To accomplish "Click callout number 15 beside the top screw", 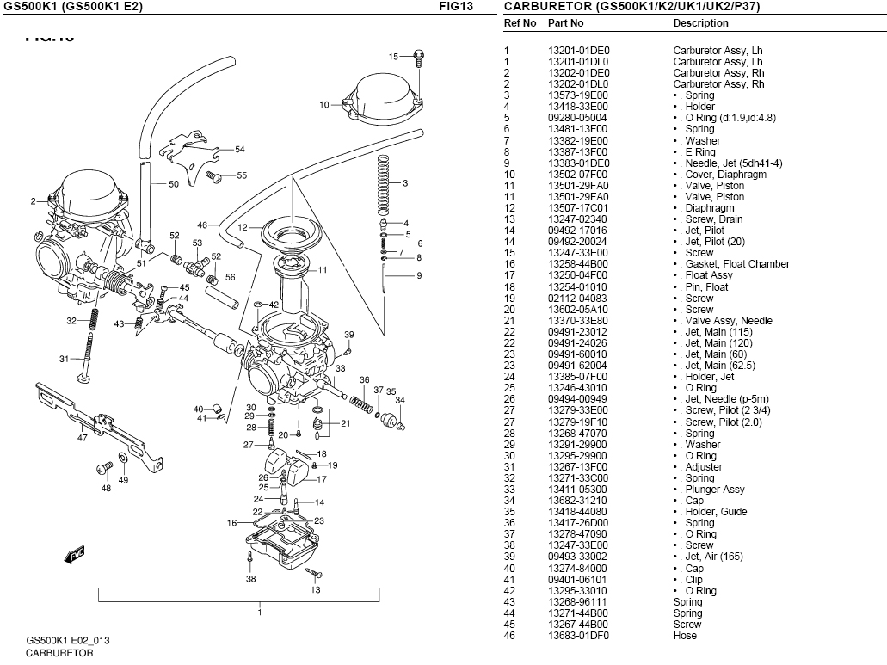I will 393,57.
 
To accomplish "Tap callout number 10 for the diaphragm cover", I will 324,105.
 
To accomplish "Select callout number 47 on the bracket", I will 83,438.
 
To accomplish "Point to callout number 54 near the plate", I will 240,150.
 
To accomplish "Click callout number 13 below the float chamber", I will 316,590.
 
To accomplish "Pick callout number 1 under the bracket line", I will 260,613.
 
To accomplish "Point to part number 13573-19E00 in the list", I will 577,95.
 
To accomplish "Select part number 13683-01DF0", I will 577,636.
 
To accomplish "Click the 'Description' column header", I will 700,23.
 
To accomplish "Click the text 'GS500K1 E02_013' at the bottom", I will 68,641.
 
